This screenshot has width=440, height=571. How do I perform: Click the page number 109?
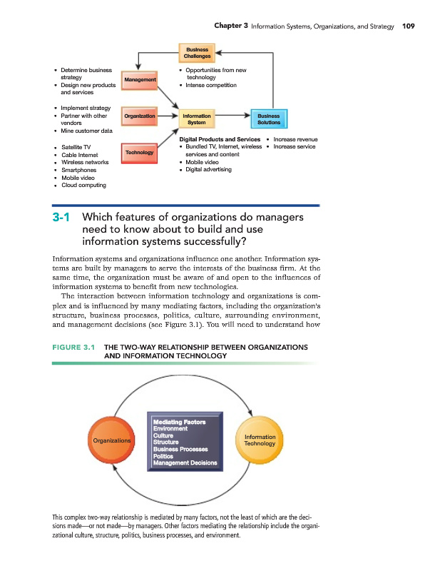pos(408,26)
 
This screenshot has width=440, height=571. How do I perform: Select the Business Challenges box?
pos(198,53)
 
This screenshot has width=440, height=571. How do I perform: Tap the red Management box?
pos(139,80)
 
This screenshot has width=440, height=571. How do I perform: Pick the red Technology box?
pos(139,153)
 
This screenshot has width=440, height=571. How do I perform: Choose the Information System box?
pos(197,119)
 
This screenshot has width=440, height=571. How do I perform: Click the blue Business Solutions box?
pos(268,119)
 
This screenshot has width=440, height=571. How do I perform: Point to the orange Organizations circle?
pos(112,440)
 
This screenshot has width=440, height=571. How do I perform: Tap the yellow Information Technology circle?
pos(259,440)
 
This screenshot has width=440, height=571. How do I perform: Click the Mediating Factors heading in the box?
pos(179,422)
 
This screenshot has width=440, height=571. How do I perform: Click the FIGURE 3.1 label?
pos(74,348)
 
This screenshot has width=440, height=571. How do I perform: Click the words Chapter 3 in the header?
pos(230,26)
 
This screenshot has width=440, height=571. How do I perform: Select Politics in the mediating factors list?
pos(163,456)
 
